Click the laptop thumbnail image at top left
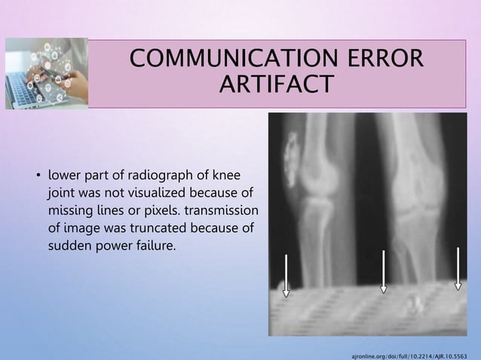pyautogui.click(x=46, y=73)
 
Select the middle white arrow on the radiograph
pyautogui.click(x=383, y=271)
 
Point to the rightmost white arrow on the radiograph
pyautogui.click(x=458, y=268)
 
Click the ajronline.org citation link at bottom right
pyautogui.click(x=410, y=352)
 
